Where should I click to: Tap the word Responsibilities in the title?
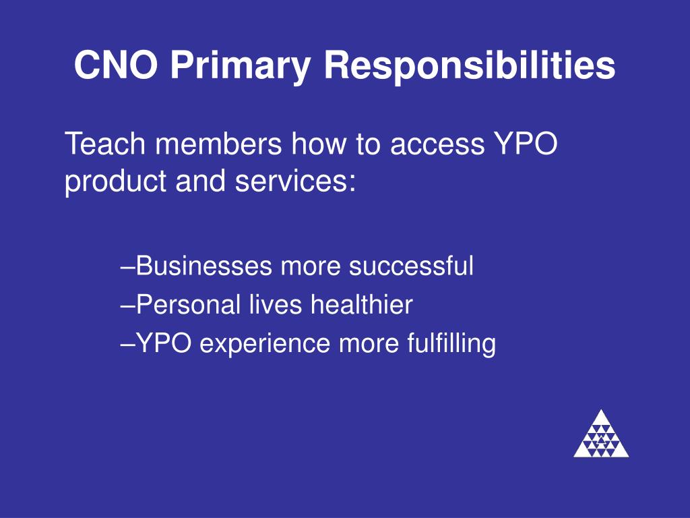coord(470,66)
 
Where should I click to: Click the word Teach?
coord(98,145)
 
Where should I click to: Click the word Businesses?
coord(206,266)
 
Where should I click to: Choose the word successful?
coord(411,266)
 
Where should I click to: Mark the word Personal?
coord(188,306)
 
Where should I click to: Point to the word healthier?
coord(361,306)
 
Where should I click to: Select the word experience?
coord(266,345)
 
